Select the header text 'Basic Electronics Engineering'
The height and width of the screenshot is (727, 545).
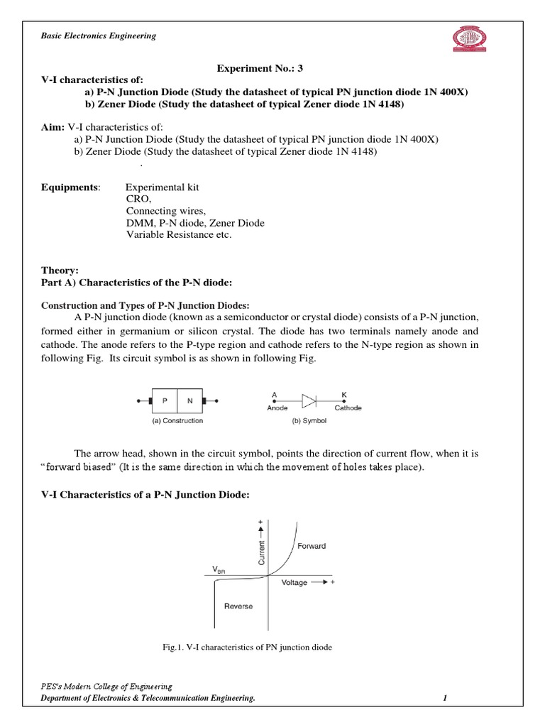97,35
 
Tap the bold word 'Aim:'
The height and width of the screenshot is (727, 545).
53,126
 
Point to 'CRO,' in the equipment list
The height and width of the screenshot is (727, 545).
138,199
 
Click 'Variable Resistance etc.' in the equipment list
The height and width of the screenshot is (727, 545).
178,235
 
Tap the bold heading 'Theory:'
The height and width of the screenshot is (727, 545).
59,270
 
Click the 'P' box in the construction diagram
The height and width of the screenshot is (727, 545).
165,401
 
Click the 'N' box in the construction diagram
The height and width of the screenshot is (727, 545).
189,401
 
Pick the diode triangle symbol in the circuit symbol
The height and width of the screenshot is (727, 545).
309,401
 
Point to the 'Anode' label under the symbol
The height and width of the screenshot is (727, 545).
277,408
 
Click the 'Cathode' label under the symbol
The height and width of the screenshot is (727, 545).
348,408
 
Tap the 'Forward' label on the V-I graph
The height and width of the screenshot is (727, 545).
312,546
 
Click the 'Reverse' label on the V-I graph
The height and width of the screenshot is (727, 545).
238,606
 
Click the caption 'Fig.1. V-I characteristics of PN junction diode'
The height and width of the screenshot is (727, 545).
248,647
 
